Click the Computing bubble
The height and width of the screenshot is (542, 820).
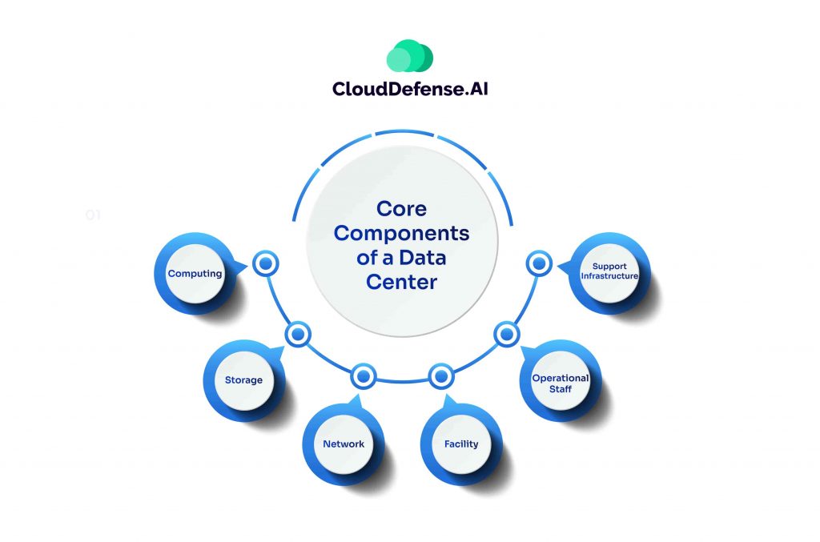click(x=195, y=274)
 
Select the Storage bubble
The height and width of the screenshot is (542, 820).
click(x=243, y=379)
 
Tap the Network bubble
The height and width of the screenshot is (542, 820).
click(x=344, y=444)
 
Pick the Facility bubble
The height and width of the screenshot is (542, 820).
click(x=461, y=444)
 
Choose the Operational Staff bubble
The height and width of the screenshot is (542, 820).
click(x=561, y=383)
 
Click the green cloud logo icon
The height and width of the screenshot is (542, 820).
click(x=409, y=57)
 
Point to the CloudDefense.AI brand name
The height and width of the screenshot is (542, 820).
click(x=410, y=90)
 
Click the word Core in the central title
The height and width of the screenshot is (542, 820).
click(x=401, y=210)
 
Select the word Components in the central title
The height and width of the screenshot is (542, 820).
click(x=401, y=234)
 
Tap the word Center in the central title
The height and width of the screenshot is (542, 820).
click(x=401, y=282)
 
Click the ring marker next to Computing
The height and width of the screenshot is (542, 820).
click(x=265, y=263)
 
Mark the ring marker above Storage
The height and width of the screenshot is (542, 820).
click(x=297, y=334)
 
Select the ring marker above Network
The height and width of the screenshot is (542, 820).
click(x=364, y=375)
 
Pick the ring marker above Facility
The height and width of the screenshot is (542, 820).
click(x=440, y=375)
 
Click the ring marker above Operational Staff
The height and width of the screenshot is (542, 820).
click(x=506, y=334)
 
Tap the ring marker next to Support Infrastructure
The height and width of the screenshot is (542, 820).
click(x=539, y=263)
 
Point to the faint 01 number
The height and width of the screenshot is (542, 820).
click(x=93, y=215)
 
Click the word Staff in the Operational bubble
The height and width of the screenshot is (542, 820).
click(x=561, y=389)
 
